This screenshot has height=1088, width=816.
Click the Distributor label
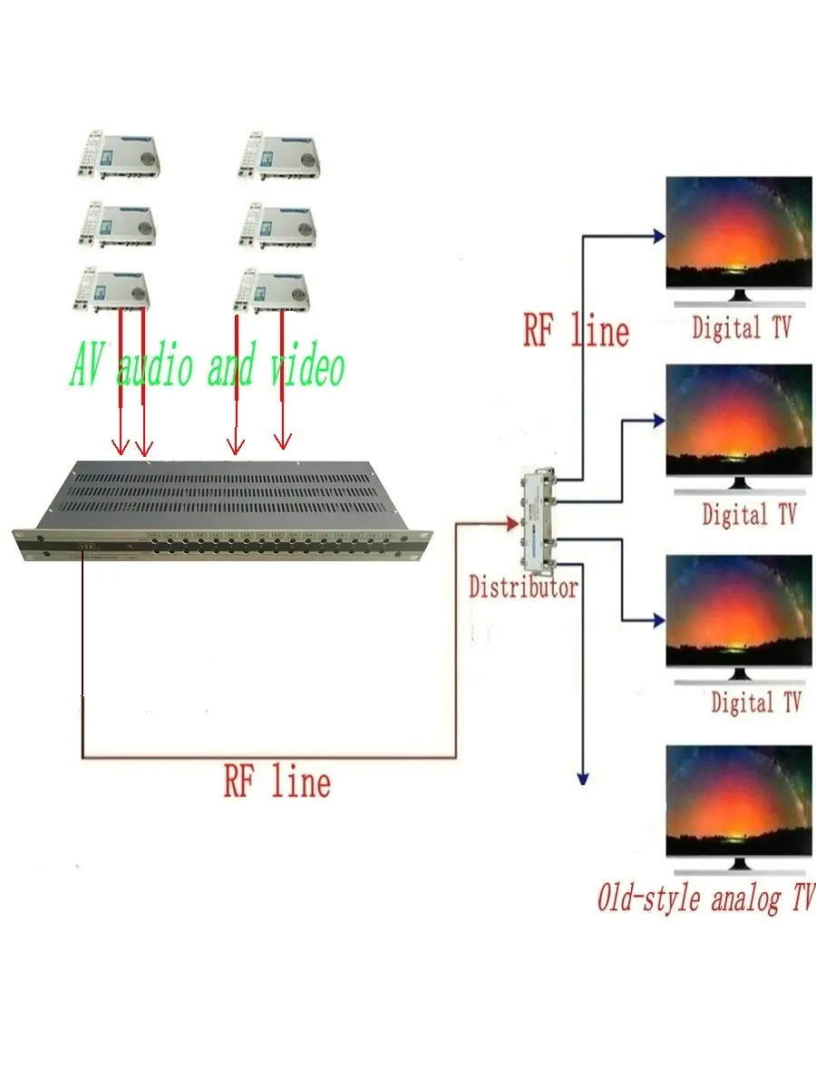coord(523,588)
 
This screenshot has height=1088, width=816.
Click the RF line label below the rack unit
coord(277,781)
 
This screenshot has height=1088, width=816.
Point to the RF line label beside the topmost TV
coord(576,330)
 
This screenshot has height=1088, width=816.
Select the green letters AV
coord(88,368)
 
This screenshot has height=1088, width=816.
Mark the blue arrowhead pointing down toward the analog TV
coord(583,777)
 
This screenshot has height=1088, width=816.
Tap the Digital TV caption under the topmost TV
coord(741,327)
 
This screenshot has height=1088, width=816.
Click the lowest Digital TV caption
coord(755,702)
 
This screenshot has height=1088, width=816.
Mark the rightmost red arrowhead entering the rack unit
coord(283,442)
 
